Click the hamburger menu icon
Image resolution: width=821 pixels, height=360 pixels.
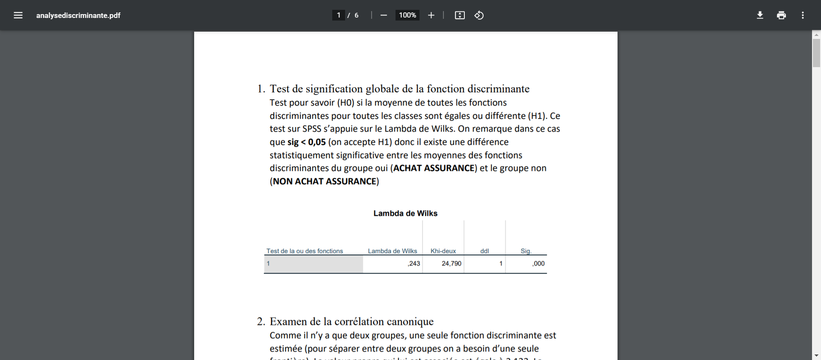(18, 15)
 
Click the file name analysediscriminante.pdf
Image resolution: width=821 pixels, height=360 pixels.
(78, 15)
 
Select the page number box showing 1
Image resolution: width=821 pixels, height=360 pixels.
(338, 15)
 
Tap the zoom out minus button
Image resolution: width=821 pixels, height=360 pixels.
(384, 15)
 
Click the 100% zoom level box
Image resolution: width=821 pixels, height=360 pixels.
(407, 15)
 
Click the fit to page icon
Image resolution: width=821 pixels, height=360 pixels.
(460, 15)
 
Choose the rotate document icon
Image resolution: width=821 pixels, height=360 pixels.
(479, 15)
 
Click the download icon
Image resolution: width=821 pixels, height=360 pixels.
(760, 15)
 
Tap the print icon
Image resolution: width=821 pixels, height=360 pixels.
(781, 15)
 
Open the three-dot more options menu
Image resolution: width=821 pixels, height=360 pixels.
(803, 15)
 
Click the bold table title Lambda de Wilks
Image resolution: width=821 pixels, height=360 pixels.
(405, 213)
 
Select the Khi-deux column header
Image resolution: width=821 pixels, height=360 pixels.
(443, 251)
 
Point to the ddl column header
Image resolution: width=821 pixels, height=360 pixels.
(484, 251)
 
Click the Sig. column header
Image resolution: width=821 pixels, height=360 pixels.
(526, 251)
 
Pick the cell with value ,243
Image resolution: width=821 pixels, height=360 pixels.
(413, 264)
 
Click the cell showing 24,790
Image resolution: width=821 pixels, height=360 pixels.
(452, 264)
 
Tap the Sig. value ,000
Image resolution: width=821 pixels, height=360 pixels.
(538, 264)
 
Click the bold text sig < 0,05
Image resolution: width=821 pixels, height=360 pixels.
(306, 142)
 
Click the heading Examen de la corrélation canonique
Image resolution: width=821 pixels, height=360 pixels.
(351, 322)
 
